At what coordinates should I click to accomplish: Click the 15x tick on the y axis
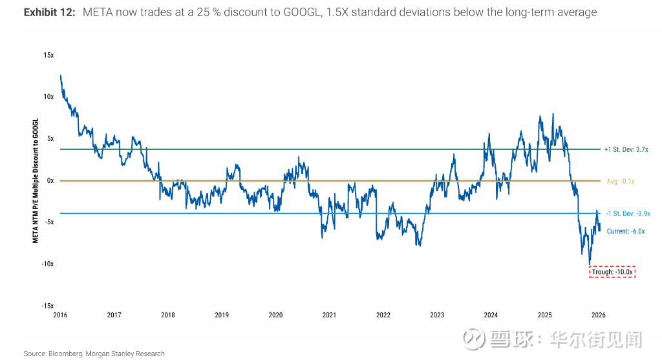coord(49,56)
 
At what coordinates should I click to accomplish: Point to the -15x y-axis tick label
coord(48,306)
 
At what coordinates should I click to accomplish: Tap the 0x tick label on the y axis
coord(50,180)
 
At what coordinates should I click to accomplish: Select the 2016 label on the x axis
coord(60,315)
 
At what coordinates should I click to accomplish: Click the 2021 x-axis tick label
coord(329,315)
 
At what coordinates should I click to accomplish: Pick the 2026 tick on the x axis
coord(598,315)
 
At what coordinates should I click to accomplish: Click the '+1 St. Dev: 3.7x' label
coord(626,149)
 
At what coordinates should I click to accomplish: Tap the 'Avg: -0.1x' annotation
coord(621,182)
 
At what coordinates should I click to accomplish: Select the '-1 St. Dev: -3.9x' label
coord(628,213)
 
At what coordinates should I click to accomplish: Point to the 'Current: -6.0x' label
coord(626,231)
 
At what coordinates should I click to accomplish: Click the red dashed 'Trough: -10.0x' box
coord(613,272)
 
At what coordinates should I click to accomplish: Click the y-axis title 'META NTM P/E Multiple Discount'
coord(36,180)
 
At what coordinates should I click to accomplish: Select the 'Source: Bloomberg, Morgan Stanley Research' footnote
coord(94,354)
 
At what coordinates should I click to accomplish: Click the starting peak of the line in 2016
coord(60,76)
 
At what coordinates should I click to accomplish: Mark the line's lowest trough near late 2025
coord(590,264)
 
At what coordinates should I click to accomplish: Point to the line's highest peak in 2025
coord(553,114)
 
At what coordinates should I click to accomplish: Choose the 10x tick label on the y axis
coord(49,97)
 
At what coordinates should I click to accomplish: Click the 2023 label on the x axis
coord(437,315)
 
